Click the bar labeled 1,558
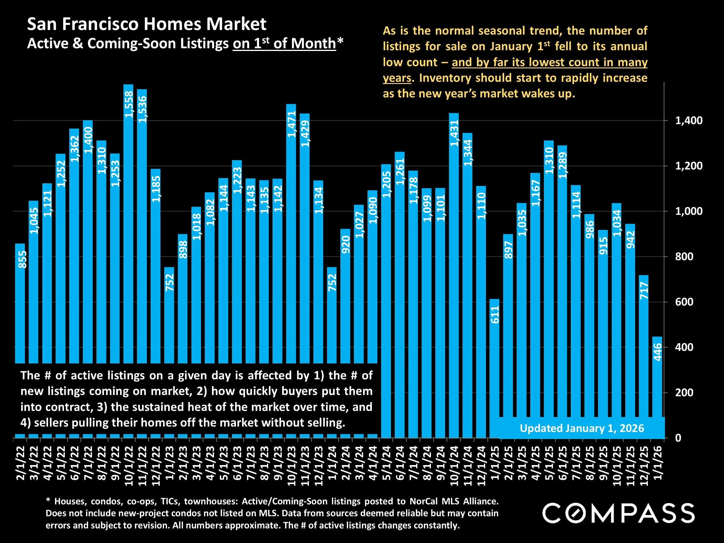point(128,229)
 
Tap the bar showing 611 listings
point(495,360)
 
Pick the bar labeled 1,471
point(291,236)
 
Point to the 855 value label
point(22,259)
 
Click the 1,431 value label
point(454,133)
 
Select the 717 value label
point(644,291)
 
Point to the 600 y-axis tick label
point(684,302)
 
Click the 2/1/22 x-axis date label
point(21,465)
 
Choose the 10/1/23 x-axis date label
point(291,467)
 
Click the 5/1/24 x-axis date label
point(387,465)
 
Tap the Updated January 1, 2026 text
point(582,428)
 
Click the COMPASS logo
point(618,513)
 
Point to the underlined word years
point(397,78)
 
